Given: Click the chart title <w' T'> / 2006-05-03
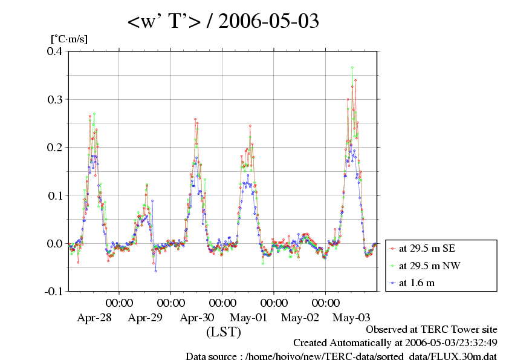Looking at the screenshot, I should tap(223, 22).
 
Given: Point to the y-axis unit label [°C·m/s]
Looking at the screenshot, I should tap(69, 39).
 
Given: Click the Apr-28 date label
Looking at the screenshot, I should tap(94, 317).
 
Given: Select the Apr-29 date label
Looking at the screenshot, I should tap(146, 317).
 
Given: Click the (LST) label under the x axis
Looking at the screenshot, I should tap(224, 332).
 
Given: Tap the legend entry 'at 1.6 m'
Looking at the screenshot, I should tap(417, 283).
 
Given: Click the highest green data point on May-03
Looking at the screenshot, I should tap(352, 68).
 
